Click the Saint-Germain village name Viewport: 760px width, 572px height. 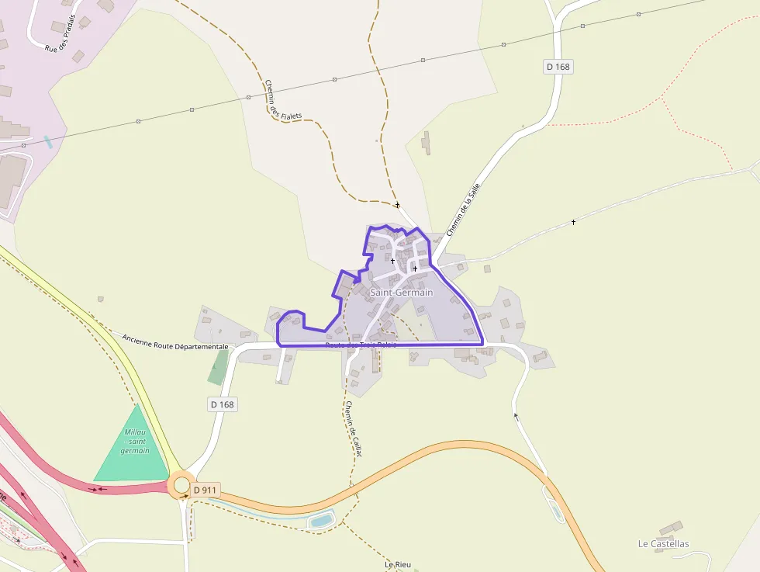click(x=401, y=293)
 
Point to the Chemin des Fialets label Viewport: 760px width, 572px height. click(x=282, y=101)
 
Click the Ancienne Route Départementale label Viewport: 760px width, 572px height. click(x=175, y=342)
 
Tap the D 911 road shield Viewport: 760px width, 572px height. click(x=206, y=490)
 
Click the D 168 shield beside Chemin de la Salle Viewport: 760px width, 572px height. click(x=558, y=67)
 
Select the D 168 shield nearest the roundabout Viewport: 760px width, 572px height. click(x=222, y=404)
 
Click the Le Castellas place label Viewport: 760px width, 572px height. click(x=663, y=543)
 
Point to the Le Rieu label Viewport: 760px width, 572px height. click(x=397, y=564)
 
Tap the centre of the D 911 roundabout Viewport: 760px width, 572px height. click(x=181, y=486)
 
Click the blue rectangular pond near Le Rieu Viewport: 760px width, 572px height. click(x=321, y=520)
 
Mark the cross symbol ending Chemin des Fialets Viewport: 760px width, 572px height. click(x=397, y=205)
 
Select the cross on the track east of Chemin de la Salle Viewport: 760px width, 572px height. click(x=573, y=223)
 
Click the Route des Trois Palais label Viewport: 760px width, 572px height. click(x=361, y=345)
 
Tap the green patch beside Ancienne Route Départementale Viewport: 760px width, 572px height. click(x=219, y=367)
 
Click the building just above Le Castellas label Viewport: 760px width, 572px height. click(x=672, y=528)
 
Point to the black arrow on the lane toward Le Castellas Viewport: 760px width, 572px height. click(x=515, y=416)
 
